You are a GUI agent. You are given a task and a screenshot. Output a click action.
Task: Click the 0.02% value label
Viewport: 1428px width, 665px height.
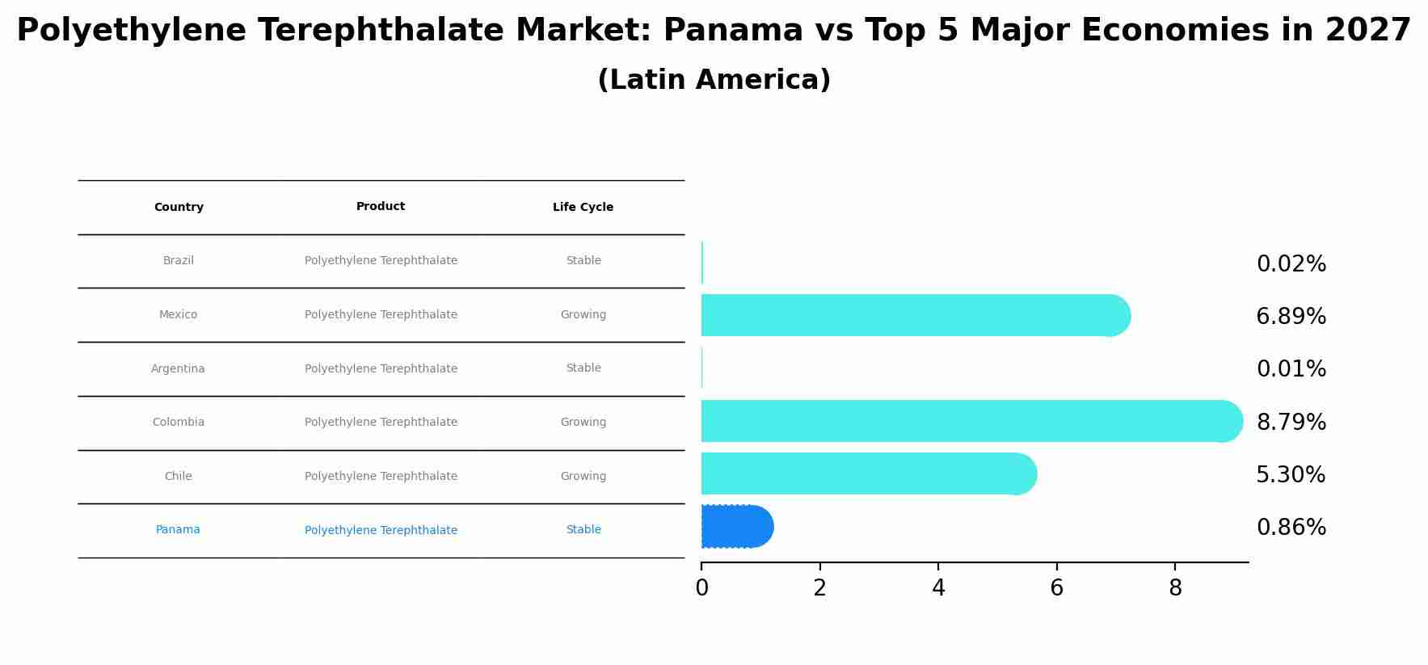pos(1291,264)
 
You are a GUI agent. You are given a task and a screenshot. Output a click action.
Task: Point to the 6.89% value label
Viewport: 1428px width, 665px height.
pos(1291,317)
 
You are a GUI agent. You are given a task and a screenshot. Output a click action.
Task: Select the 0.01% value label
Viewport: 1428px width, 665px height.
pos(1291,369)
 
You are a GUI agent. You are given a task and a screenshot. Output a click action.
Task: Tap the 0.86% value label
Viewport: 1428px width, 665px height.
pos(1291,528)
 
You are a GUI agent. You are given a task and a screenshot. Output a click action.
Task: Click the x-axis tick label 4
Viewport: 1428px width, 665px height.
pos(938,588)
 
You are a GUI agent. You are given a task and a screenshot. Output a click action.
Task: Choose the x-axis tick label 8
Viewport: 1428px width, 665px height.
pos(1175,588)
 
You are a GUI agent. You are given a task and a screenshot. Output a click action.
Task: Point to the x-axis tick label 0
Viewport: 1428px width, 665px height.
pos(701,588)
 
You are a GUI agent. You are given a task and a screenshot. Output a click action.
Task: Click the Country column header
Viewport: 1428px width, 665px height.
pos(179,208)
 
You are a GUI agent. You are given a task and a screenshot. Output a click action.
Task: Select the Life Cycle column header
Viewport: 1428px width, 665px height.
pos(583,208)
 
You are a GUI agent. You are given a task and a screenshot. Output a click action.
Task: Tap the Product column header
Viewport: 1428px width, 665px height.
pos(381,207)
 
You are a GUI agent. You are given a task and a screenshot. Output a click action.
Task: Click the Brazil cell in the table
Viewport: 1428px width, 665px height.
pos(179,261)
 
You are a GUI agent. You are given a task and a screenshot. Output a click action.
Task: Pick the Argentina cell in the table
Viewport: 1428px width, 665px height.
pos(178,369)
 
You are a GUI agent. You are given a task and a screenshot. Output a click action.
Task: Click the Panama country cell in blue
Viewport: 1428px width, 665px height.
pos(178,530)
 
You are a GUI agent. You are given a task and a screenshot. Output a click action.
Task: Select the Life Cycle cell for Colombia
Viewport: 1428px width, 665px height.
pos(583,423)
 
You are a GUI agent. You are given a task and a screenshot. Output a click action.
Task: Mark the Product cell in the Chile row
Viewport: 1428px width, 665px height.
pos(381,477)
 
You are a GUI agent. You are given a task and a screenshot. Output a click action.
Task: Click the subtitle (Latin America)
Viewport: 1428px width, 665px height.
pos(714,80)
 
